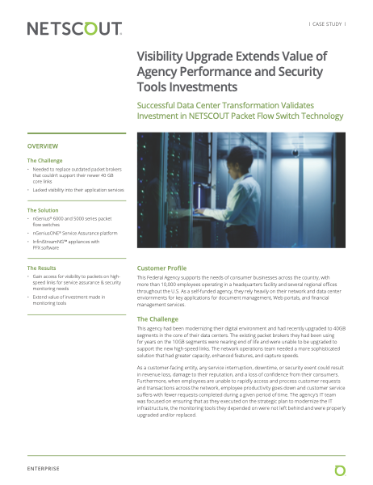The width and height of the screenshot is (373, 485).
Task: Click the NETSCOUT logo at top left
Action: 74,29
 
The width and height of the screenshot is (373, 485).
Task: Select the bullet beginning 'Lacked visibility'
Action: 79,190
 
